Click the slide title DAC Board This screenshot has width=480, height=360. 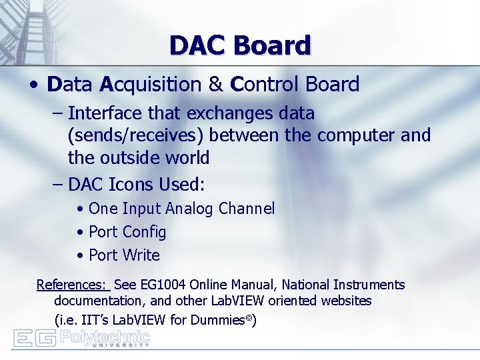[240, 45]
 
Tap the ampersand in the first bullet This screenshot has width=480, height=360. [215, 85]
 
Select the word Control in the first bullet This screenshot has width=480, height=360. [265, 85]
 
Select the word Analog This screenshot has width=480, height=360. [189, 209]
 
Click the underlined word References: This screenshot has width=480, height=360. [71, 285]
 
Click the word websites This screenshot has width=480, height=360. [346, 301]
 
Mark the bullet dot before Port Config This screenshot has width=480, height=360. [80, 233]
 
